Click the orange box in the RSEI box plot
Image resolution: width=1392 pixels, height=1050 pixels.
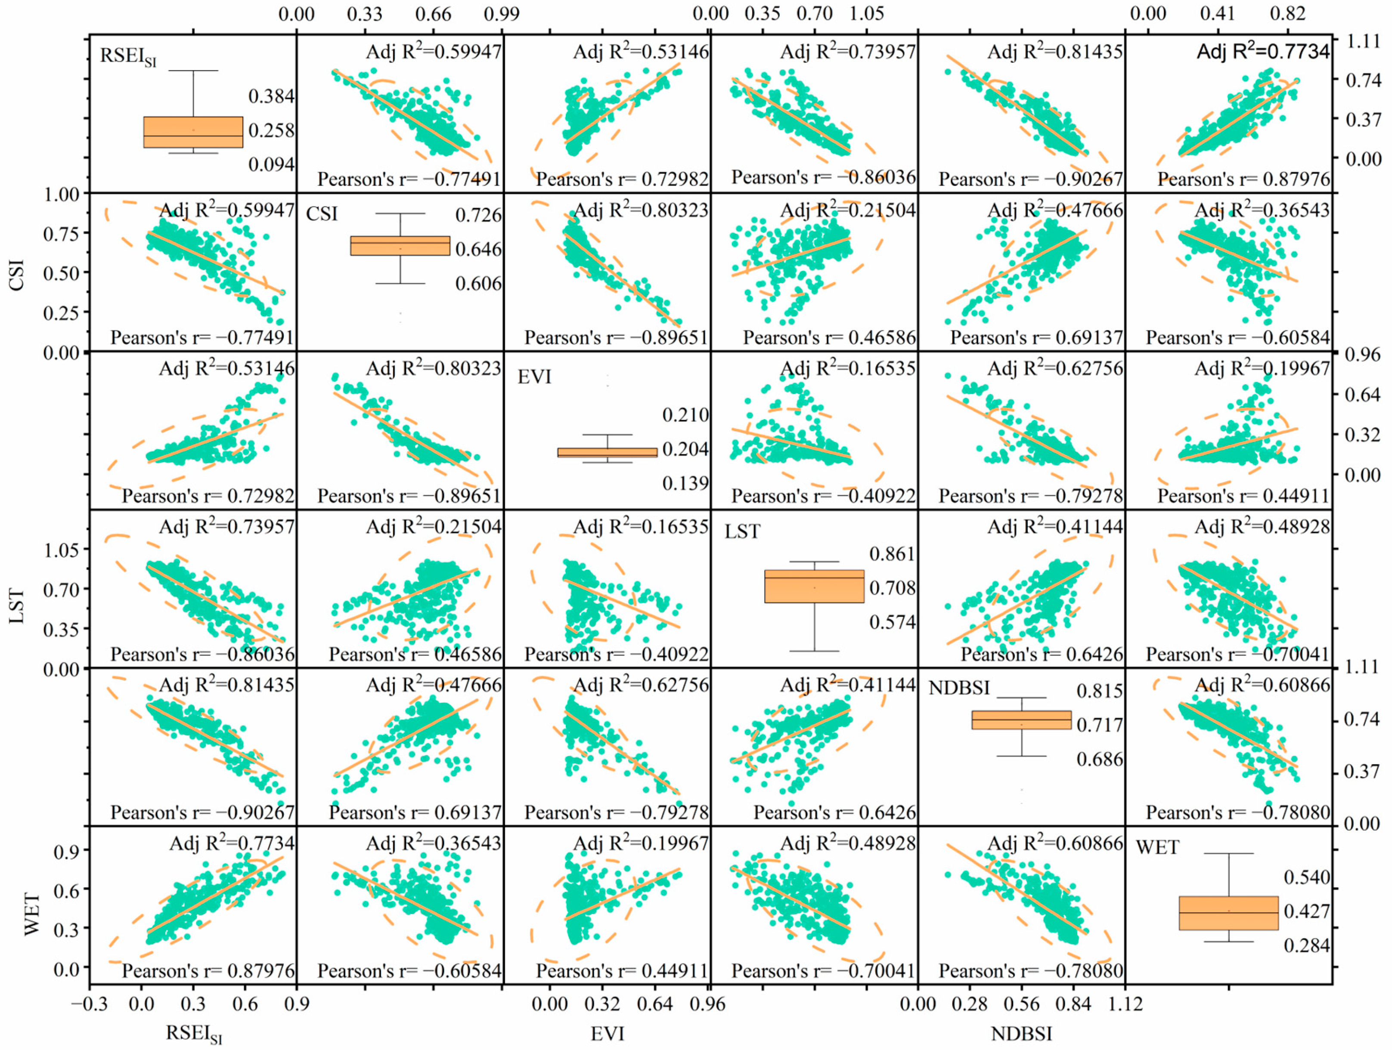click(x=193, y=132)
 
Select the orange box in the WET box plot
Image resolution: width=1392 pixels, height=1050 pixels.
click(x=1228, y=913)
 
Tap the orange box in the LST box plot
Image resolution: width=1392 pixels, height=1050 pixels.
click(x=814, y=587)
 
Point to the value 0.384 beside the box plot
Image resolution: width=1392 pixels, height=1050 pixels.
click(x=271, y=96)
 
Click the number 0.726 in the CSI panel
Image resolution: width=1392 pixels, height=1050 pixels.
click(x=478, y=215)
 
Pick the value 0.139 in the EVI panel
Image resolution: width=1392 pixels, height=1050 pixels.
click(x=685, y=483)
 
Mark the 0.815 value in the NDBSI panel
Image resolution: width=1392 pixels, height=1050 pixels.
click(x=1099, y=691)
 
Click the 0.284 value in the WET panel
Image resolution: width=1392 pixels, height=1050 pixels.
click(x=1306, y=945)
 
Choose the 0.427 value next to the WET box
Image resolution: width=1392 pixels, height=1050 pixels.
click(x=1306, y=911)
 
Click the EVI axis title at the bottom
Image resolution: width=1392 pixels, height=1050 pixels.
click(x=607, y=1034)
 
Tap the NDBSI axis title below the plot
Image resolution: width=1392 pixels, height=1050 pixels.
click(x=1021, y=1034)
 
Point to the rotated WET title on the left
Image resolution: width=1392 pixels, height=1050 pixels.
click(x=31, y=914)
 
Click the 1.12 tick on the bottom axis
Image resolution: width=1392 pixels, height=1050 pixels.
click(x=1125, y=1004)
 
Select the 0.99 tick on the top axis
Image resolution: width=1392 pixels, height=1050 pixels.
click(x=502, y=14)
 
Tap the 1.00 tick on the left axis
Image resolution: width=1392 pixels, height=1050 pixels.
click(x=62, y=195)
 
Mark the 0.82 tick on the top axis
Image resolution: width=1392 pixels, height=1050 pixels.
click(x=1287, y=14)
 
